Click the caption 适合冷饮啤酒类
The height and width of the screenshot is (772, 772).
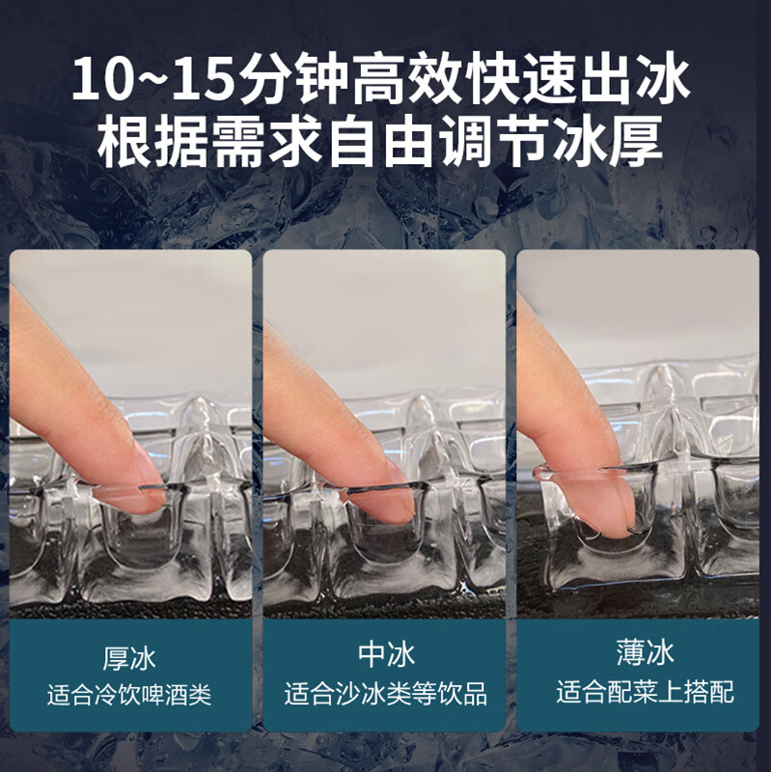point(129,694)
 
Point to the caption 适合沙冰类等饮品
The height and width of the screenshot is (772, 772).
point(385,694)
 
